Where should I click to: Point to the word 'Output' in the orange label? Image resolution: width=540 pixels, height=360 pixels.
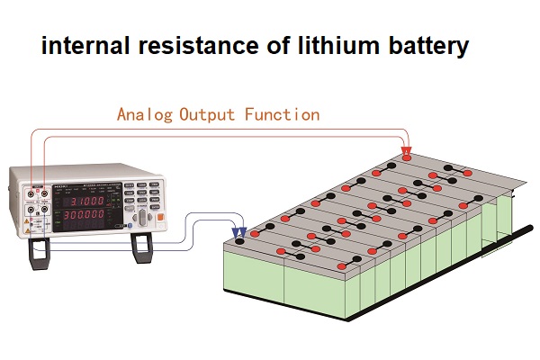[x=209, y=115]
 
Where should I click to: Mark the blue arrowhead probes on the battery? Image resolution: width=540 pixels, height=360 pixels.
[x=239, y=233]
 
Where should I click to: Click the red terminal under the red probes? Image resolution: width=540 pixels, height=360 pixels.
[x=406, y=159]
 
